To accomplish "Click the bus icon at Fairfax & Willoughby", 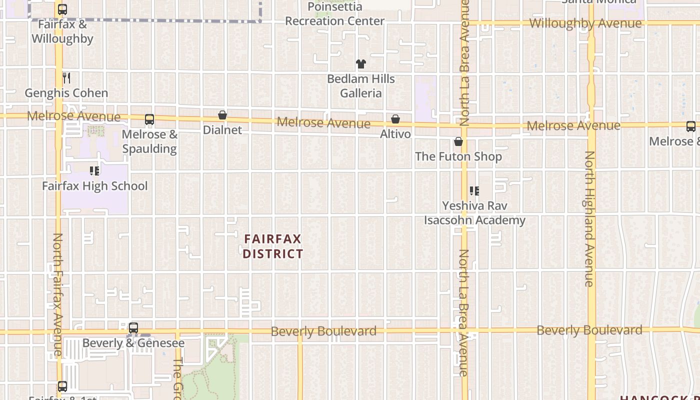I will (62, 9).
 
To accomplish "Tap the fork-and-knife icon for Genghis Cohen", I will (66, 77).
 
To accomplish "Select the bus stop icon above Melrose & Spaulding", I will (149, 119).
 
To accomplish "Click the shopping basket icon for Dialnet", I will (222, 115).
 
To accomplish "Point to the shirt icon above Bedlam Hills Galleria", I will (360, 63).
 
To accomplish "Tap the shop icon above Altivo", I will (395, 119).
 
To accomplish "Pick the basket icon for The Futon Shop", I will (458, 142).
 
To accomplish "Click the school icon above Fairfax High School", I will (94, 171).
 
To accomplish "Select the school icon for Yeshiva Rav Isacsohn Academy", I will (474, 190).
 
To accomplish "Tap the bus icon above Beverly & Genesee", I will (133, 328).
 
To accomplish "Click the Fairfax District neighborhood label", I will (273, 246).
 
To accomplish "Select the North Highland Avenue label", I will (590, 218).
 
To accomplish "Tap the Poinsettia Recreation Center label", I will (334, 14).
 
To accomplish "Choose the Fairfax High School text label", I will (94, 186).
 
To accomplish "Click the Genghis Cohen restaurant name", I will (66, 93).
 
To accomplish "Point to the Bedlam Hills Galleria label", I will (361, 86).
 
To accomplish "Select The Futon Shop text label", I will (458, 156).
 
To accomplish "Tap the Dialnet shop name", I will (222, 130).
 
